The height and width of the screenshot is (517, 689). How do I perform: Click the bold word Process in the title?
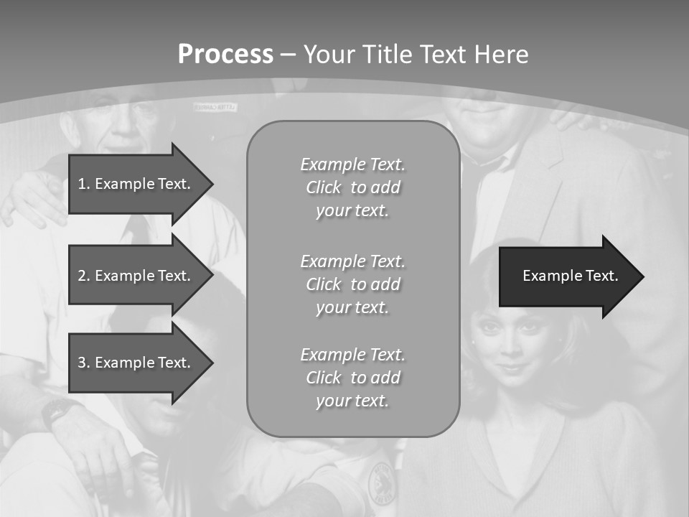click(x=225, y=54)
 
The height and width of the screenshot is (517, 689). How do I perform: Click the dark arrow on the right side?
click(x=567, y=276)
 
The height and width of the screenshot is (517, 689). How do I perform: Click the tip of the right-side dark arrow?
click(x=642, y=276)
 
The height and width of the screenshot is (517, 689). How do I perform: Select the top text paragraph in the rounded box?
click(x=353, y=187)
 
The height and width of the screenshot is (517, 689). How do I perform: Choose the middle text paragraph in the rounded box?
click(x=353, y=284)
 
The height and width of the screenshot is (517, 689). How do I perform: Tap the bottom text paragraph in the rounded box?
click(x=353, y=378)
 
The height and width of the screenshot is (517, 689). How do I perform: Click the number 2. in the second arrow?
click(x=83, y=276)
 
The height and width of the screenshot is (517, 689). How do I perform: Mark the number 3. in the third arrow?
click(x=83, y=363)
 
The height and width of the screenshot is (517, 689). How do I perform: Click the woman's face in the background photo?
click(x=511, y=341)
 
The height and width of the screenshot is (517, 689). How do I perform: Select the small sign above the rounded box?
click(x=216, y=107)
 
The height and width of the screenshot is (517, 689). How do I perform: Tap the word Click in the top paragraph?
click(x=324, y=187)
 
